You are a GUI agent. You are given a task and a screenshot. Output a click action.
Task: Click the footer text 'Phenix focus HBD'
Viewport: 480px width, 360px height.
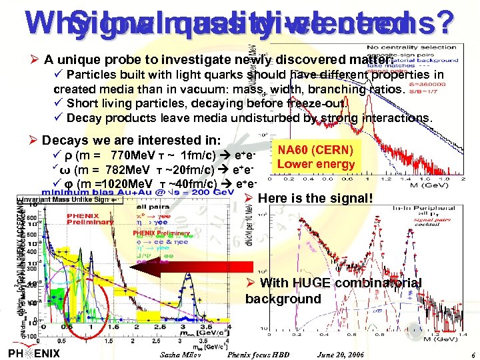click(x=259, y=353)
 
